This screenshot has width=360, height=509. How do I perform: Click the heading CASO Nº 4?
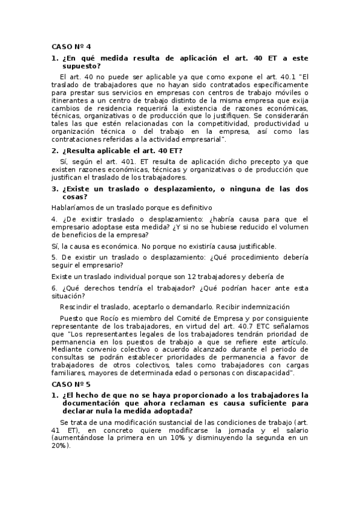point(70,46)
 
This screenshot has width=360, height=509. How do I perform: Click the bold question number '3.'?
point(55,188)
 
